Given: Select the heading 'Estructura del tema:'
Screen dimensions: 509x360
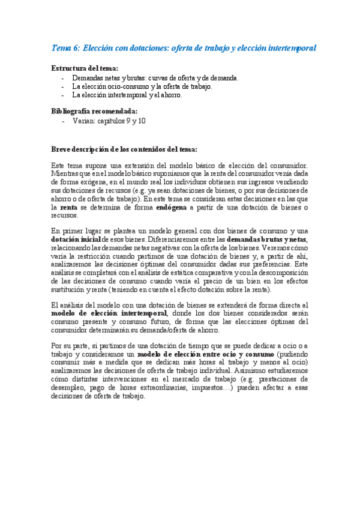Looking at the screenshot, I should [x=85, y=68].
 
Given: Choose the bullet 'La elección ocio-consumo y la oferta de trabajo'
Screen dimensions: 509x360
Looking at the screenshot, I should [x=142, y=86].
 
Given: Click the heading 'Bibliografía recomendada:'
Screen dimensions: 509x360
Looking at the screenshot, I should [x=94, y=111].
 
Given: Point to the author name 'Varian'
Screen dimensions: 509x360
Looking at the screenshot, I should [x=82, y=121].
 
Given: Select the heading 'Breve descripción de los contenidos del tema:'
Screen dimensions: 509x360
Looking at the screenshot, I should [x=124, y=149].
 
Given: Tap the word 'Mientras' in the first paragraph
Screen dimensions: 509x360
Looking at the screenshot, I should [x=65, y=174].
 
